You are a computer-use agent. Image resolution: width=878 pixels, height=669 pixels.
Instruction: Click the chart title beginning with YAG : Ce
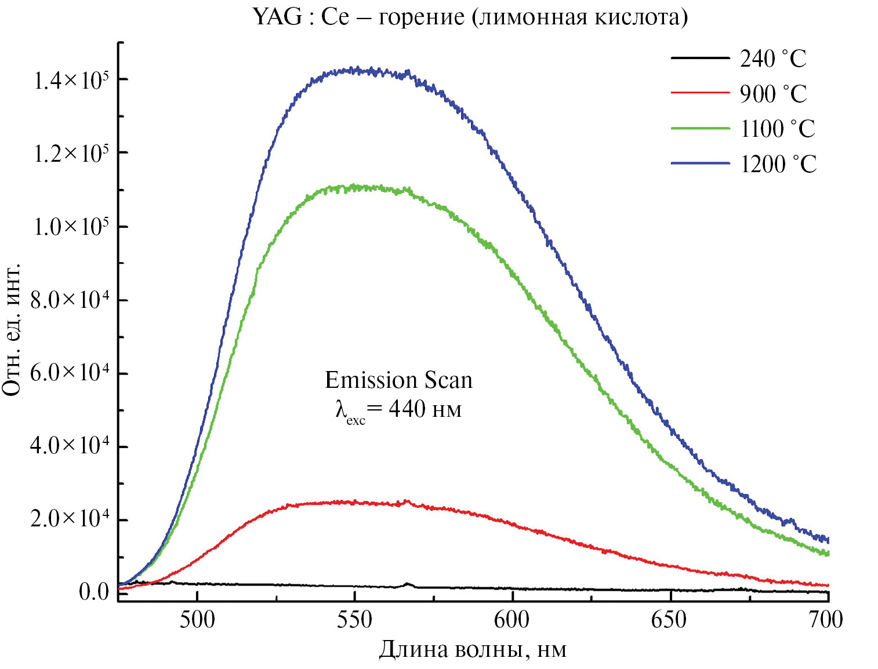click(470, 17)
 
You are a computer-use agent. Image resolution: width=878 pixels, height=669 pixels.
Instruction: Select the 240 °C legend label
click(773, 59)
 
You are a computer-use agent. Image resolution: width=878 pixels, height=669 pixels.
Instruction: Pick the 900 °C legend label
click(773, 94)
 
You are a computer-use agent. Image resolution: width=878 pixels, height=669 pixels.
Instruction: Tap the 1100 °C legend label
click(778, 129)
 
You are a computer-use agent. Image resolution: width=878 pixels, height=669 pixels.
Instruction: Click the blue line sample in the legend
click(700, 163)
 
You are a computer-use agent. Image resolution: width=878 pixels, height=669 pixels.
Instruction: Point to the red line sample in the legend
click(700, 93)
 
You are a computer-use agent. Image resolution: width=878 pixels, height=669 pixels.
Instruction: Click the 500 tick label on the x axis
click(197, 620)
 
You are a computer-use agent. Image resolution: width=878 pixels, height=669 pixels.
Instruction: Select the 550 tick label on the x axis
click(354, 620)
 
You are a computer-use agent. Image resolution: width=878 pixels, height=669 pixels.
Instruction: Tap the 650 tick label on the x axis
click(669, 620)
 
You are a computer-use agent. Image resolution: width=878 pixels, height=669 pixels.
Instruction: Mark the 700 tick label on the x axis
click(826, 620)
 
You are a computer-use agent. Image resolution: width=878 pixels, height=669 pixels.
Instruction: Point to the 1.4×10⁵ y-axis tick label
click(71, 81)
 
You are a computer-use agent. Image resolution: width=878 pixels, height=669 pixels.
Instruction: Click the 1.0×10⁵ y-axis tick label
click(71, 227)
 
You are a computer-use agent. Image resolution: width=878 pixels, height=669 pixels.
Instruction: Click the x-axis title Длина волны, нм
click(473, 649)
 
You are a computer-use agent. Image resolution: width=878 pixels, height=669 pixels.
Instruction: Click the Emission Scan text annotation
click(398, 380)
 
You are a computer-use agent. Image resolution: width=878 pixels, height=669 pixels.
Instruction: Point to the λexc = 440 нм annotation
click(398, 410)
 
